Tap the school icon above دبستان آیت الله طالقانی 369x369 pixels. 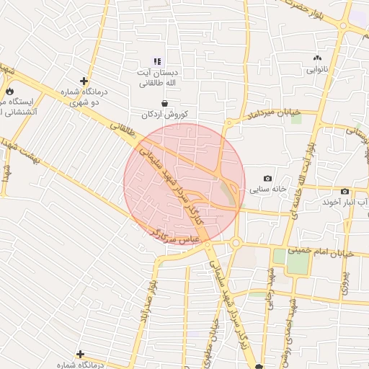click(x=158, y=61)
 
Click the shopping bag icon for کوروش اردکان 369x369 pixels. click(x=166, y=104)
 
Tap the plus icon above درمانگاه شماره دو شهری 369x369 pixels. click(x=84, y=81)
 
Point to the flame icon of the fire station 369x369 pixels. click(x=9, y=91)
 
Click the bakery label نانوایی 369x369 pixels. click(x=317, y=70)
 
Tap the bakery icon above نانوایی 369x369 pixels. click(x=317, y=58)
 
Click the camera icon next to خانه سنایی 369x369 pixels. click(x=268, y=178)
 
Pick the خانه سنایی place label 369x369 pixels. click(x=268, y=190)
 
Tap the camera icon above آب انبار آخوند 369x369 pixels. click(x=345, y=191)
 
